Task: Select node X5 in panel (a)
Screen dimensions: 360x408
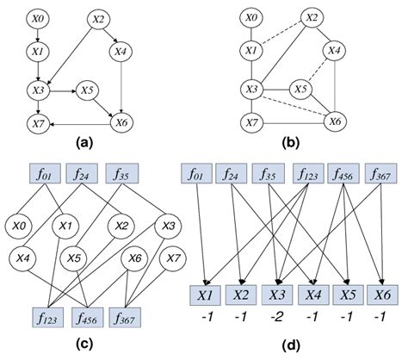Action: coord(86,88)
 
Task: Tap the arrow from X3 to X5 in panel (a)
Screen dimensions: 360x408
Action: coord(63,88)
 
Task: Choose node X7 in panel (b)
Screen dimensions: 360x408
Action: coord(251,123)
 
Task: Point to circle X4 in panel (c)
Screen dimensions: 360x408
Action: coord(25,258)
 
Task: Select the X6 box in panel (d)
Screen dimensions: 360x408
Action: coord(379,297)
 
